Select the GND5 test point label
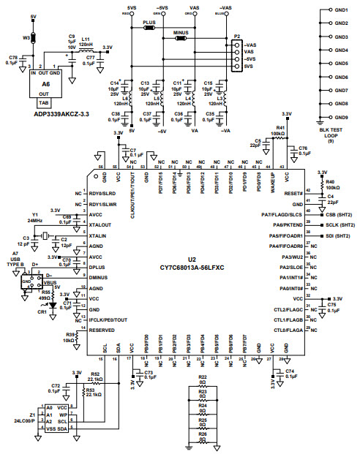[x=341, y=64]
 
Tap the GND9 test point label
[x=341, y=116]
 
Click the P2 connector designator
[x=236, y=34]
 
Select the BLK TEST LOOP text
[x=334, y=130]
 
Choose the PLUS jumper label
[x=149, y=23]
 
